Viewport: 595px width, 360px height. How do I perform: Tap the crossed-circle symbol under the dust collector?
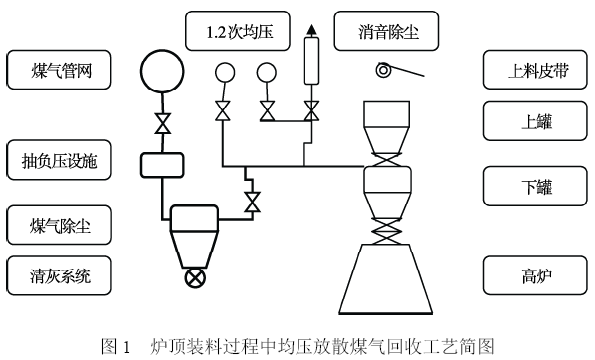coord(193,278)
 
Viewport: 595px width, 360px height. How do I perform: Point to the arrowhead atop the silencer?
coord(311,27)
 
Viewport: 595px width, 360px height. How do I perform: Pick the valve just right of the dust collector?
coord(251,203)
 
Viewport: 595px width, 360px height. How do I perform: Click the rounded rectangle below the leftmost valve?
coord(159,162)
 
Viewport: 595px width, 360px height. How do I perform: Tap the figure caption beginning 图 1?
coord(297,345)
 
